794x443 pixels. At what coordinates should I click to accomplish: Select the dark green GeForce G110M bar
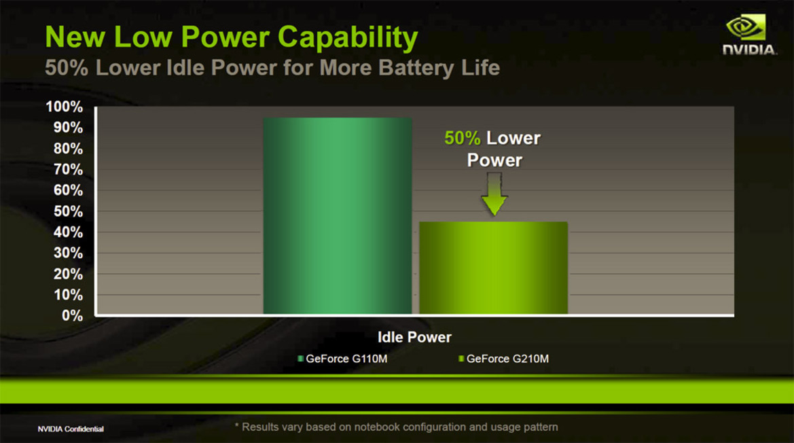click(x=337, y=216)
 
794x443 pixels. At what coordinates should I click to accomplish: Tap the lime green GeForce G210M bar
click(x=493, y=268)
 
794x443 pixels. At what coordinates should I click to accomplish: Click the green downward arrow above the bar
click(x=494, y=195)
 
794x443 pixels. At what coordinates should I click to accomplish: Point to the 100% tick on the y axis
click(x=65, y=107)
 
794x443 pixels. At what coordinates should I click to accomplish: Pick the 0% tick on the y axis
click(x=72, y=316)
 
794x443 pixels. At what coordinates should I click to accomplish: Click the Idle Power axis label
click(x=414, y=337)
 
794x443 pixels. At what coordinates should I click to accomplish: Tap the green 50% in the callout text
click(x=462, y=138)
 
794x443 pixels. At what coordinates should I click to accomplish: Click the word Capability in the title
click(x=348, y=38)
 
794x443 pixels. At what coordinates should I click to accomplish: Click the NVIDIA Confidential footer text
click(x=71, y=429)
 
